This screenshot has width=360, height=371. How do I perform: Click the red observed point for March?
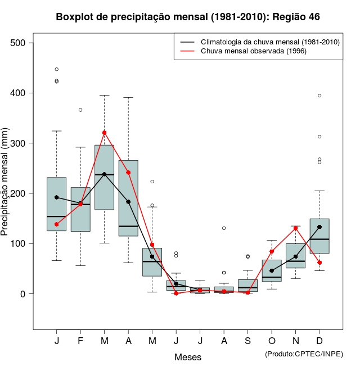point(104,133)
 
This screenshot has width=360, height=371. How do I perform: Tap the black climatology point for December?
point(319,227)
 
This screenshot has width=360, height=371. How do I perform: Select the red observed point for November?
point(296,228)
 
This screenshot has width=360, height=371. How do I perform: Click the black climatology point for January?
point(56,197)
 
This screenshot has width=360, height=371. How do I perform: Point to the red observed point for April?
point(128,173)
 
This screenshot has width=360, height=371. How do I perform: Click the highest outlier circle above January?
point(56,69)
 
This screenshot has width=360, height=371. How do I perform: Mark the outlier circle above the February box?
point(80,110)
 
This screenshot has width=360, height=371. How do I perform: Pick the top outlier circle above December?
point(319,96)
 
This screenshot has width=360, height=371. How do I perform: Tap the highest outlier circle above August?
point(224,228)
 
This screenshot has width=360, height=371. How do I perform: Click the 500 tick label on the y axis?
point(23,43)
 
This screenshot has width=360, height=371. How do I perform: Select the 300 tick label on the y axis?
point(23,143)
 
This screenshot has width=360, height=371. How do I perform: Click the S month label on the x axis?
point(248,341)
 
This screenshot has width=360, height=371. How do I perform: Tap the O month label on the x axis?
point(272,341)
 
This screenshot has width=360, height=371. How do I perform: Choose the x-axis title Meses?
point(188,357)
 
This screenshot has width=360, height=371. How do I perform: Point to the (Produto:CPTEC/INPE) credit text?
point(304,354)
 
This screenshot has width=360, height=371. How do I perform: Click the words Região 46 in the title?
point(296,17)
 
